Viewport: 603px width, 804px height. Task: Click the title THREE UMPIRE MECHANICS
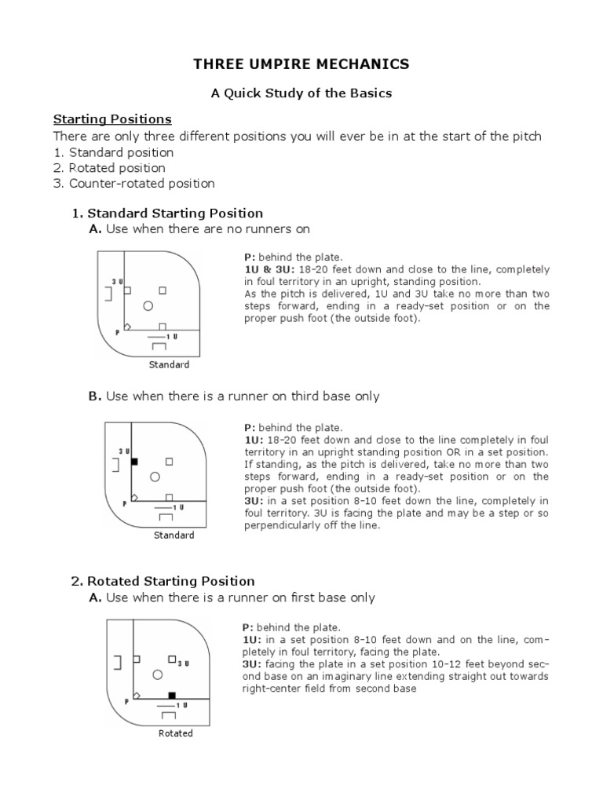tap(301, 64)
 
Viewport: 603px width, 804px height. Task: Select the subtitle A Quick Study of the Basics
tap(301, 93)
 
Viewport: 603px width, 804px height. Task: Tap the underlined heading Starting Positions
tap(112, 119)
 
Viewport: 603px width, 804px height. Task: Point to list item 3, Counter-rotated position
tap(141, 184)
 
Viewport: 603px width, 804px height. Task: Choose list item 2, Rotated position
tap(117, 168)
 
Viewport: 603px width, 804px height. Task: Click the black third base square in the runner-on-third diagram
tap(134, 462)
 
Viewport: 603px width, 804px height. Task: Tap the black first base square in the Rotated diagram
tap(172, 696)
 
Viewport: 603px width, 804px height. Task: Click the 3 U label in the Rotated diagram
tap(184, 663)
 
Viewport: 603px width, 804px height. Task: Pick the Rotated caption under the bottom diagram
tap(175, 733)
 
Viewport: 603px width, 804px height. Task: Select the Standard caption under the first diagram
tap(169, 365)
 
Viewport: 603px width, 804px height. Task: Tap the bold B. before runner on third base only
tap(95, 397)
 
